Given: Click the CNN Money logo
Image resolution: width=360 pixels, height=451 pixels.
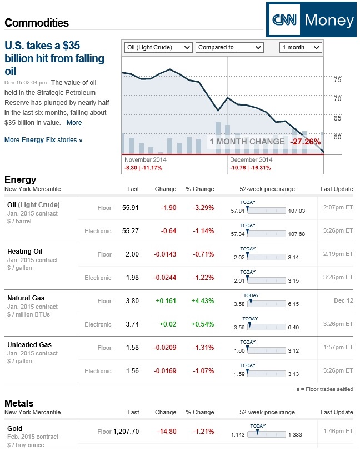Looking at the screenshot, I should (311, 21).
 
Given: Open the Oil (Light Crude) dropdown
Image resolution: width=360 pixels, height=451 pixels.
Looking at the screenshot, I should (158, 47).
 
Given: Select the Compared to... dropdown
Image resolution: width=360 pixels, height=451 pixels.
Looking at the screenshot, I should (229, 47).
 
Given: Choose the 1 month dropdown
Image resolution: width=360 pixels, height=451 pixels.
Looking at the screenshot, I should (300, 47).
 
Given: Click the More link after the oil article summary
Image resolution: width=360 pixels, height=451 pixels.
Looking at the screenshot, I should (74, 123).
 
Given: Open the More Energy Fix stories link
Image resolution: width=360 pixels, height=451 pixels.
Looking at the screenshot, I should (43, 140).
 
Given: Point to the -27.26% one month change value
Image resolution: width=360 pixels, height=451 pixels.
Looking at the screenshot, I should (305, 142).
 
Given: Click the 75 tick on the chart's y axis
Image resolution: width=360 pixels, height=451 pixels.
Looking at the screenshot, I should (337, 80).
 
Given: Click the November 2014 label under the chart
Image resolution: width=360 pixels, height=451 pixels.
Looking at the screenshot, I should (146, 160).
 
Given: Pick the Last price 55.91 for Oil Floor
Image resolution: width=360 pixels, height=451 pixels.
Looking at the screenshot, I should (131, 208).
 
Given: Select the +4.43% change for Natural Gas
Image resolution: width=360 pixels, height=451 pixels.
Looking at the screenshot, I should (202, 301).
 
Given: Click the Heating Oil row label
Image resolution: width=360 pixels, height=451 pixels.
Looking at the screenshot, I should (24, 252).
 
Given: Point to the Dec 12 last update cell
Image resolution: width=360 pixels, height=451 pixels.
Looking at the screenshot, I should (343, 301).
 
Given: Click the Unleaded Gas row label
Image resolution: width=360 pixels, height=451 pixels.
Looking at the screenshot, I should (29, 345).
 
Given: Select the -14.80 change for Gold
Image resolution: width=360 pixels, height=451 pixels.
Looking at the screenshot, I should (167, 431).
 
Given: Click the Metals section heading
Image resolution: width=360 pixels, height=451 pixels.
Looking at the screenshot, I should (19, 403).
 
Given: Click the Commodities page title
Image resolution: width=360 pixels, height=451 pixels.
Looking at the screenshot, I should (37, 23).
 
